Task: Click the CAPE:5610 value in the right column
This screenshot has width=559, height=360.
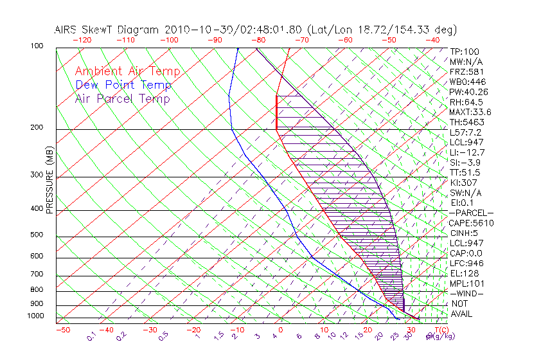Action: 471,223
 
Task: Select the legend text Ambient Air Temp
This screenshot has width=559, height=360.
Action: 127,71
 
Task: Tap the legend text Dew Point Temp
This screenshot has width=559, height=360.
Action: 123,85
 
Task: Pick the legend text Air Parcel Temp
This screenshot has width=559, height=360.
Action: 123,98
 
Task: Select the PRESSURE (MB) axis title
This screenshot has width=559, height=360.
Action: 50,181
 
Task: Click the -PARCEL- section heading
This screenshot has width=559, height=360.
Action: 471,213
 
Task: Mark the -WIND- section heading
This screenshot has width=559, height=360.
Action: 467,293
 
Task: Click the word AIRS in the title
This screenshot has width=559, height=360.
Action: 67,30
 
